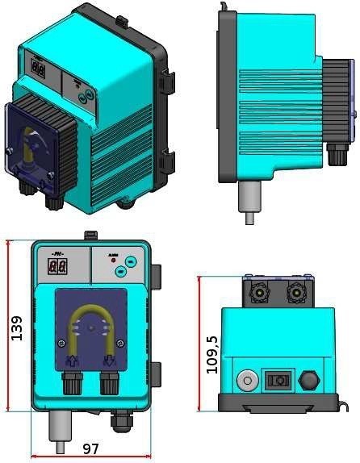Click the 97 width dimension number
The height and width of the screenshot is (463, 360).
(x=90, y=447)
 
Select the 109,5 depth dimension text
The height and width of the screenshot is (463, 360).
(x=212, y=353)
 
